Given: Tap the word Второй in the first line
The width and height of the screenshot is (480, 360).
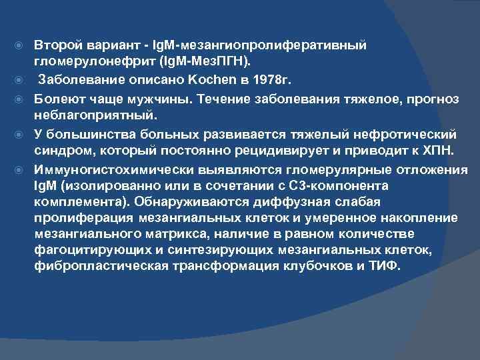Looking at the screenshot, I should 57,45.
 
